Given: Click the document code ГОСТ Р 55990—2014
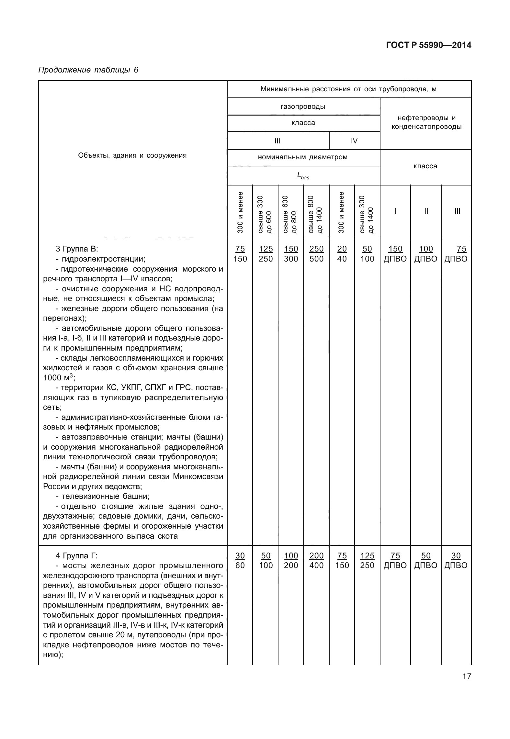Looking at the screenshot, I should (x=428, y=45).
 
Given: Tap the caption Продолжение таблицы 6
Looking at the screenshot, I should (x=88, y=70).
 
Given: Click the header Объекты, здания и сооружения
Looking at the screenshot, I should (x=132, y=155).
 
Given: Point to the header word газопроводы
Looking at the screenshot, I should (x=303, y=106).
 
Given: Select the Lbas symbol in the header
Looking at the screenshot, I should (x=303, y=176).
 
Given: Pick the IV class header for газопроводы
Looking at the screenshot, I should (x=354, y=141).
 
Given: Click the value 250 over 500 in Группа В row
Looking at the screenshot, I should (x=316, y=254).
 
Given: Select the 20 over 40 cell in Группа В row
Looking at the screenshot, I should (x=342, y=254).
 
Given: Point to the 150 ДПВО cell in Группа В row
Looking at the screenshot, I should (x=395, y=254).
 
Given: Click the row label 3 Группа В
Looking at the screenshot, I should (x=77, y=249).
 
